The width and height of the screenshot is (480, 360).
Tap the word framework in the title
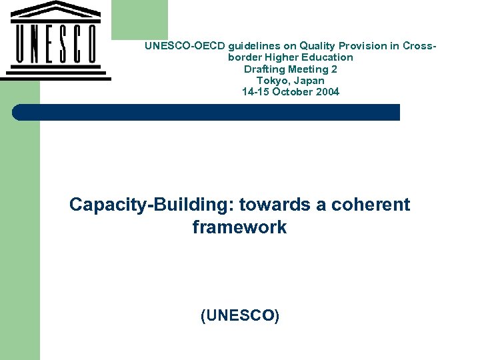pos(239,227)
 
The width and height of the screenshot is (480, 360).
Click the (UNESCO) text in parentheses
pos(239,316)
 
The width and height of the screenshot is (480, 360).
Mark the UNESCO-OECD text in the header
pos(185,46)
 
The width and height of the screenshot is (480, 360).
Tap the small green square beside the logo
pos(139,19)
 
